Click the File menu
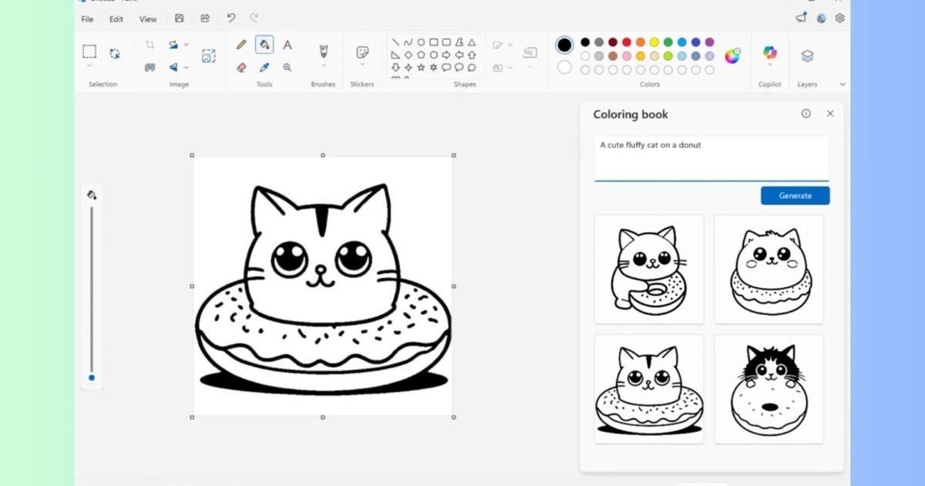click(87, 19)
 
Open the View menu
click(148, 19)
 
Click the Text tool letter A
click(288, 45)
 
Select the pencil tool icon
click(241, 45)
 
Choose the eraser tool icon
click(241, 68)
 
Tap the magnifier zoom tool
click(288, 68)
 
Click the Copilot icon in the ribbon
click(769, 53)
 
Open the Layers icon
click(807, 56)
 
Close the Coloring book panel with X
click(830, 113)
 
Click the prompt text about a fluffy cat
click(651, 145)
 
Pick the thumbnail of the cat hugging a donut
click(648, 268)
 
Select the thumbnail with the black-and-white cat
click(769, 389)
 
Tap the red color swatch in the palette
click(627, 42)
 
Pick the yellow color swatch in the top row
click(654, 42)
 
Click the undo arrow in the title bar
click(230, 18)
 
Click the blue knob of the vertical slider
click(92, 378)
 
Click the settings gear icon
click(839, 18)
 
